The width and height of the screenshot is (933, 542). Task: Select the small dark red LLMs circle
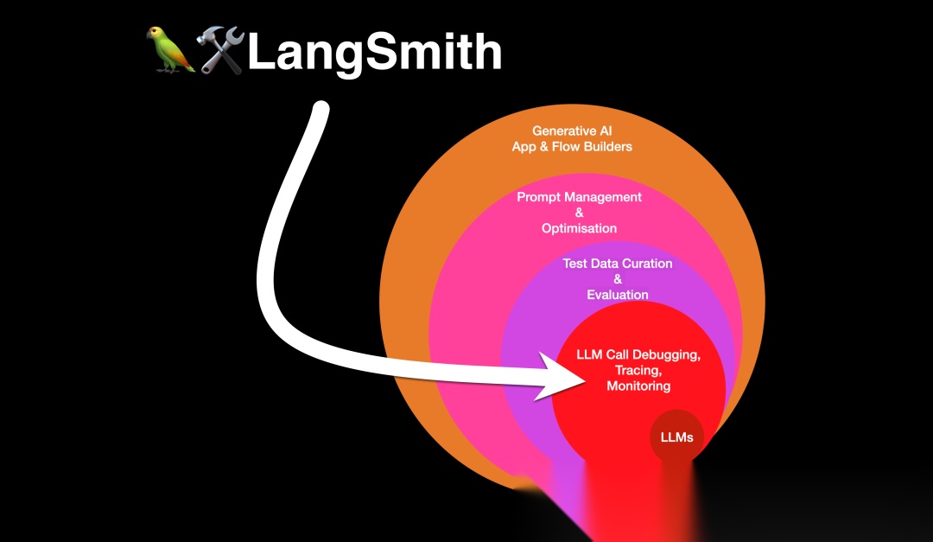pos(676,437)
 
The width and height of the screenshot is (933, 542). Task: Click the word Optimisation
pos(579,228)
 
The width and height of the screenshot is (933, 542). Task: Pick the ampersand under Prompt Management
pos(579,213)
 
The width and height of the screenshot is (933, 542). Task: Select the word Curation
pos(644,264)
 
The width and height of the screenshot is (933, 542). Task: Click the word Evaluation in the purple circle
pos(617,295)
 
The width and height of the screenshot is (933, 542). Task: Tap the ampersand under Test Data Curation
pos(617,279)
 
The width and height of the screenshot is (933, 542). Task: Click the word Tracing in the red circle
pos(636,371)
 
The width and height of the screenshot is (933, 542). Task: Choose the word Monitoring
pos(638,386)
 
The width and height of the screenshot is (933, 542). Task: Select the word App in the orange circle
pos(524,146)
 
